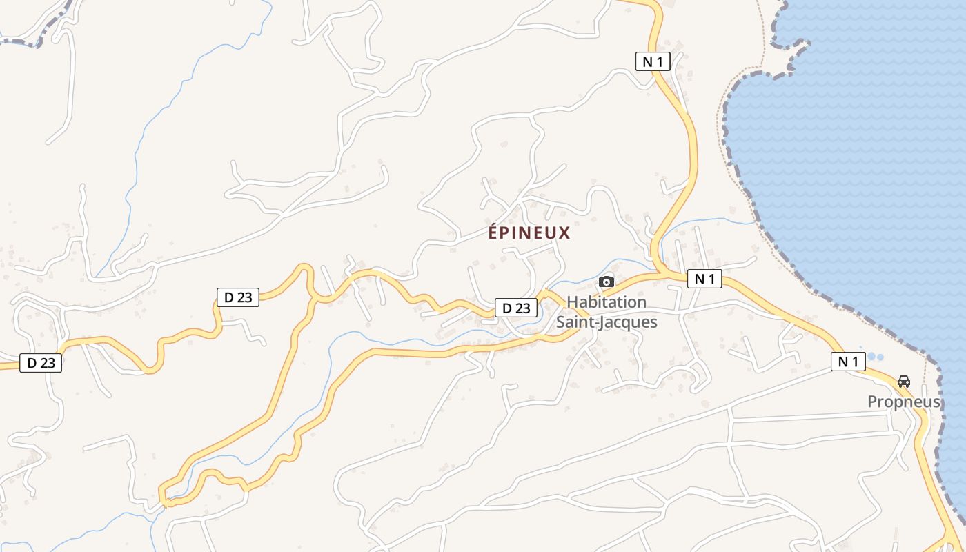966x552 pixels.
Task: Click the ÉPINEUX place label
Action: tap(529, 233)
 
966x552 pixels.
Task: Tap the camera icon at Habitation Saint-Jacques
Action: tap(607, 282)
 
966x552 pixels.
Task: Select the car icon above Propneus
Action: tap(903, 381)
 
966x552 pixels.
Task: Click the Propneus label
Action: tap(904, 402)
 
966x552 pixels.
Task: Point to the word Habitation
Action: tap(607, 302)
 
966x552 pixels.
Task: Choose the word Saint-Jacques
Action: tap(607, 322)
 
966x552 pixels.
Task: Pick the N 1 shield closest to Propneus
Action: tap(848, 362)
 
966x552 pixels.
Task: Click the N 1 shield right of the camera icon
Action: tap(704, 279)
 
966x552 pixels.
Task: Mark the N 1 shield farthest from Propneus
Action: tap(653, 61)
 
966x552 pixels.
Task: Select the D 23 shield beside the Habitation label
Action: tap(515, 308)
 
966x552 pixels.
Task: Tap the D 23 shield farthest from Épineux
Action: tap(41, 363)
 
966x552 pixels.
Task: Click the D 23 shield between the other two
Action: tap(238, 297)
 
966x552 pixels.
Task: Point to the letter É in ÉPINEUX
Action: tap(493, 233)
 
